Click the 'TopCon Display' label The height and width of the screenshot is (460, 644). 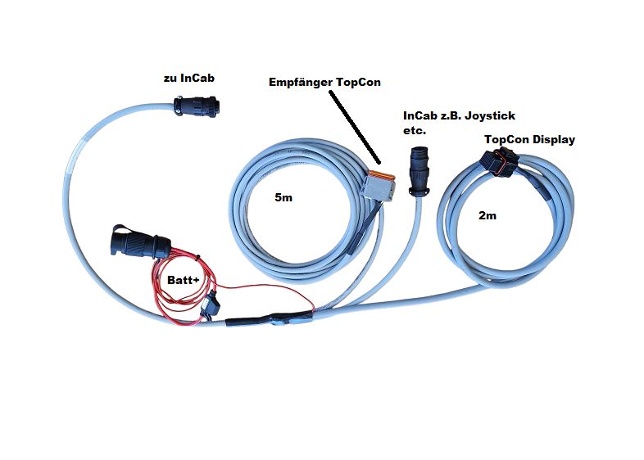[x=529, y=139]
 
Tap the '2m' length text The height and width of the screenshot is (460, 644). [x=487, y=215]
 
